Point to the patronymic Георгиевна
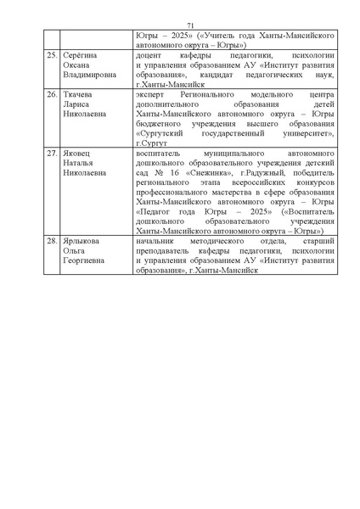(86, 260)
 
